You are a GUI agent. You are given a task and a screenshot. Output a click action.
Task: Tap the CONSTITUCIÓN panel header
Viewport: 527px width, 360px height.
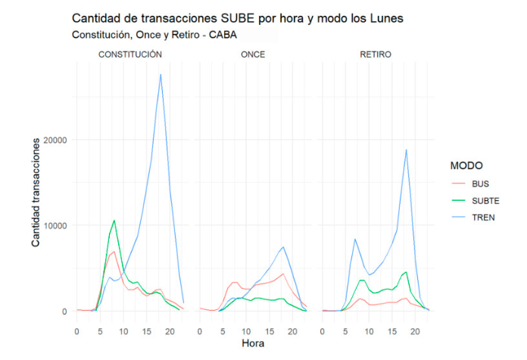(130, 55)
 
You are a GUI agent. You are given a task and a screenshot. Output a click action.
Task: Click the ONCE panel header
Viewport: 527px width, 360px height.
(254, 55)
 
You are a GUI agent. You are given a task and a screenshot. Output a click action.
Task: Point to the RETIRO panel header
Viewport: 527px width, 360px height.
(376, 55)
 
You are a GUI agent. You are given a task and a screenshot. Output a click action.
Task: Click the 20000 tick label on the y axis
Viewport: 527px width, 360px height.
(55, 140)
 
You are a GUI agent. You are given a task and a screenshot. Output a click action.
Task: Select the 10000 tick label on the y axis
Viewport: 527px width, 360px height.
(55, 226)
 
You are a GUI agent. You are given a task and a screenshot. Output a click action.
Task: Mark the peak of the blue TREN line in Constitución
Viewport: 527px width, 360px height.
(161, 74)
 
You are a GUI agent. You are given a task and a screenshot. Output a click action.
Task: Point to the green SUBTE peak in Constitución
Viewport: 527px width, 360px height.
(114, 221)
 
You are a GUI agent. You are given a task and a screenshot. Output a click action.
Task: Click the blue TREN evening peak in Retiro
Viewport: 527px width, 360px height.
(407, 149)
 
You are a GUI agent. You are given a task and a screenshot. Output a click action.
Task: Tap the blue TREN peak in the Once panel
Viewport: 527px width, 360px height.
(283, 246)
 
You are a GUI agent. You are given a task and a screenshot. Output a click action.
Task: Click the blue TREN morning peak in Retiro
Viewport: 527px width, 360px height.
(355, 239)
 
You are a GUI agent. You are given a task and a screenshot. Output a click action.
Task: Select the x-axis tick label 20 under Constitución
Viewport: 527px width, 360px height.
(170, 331)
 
